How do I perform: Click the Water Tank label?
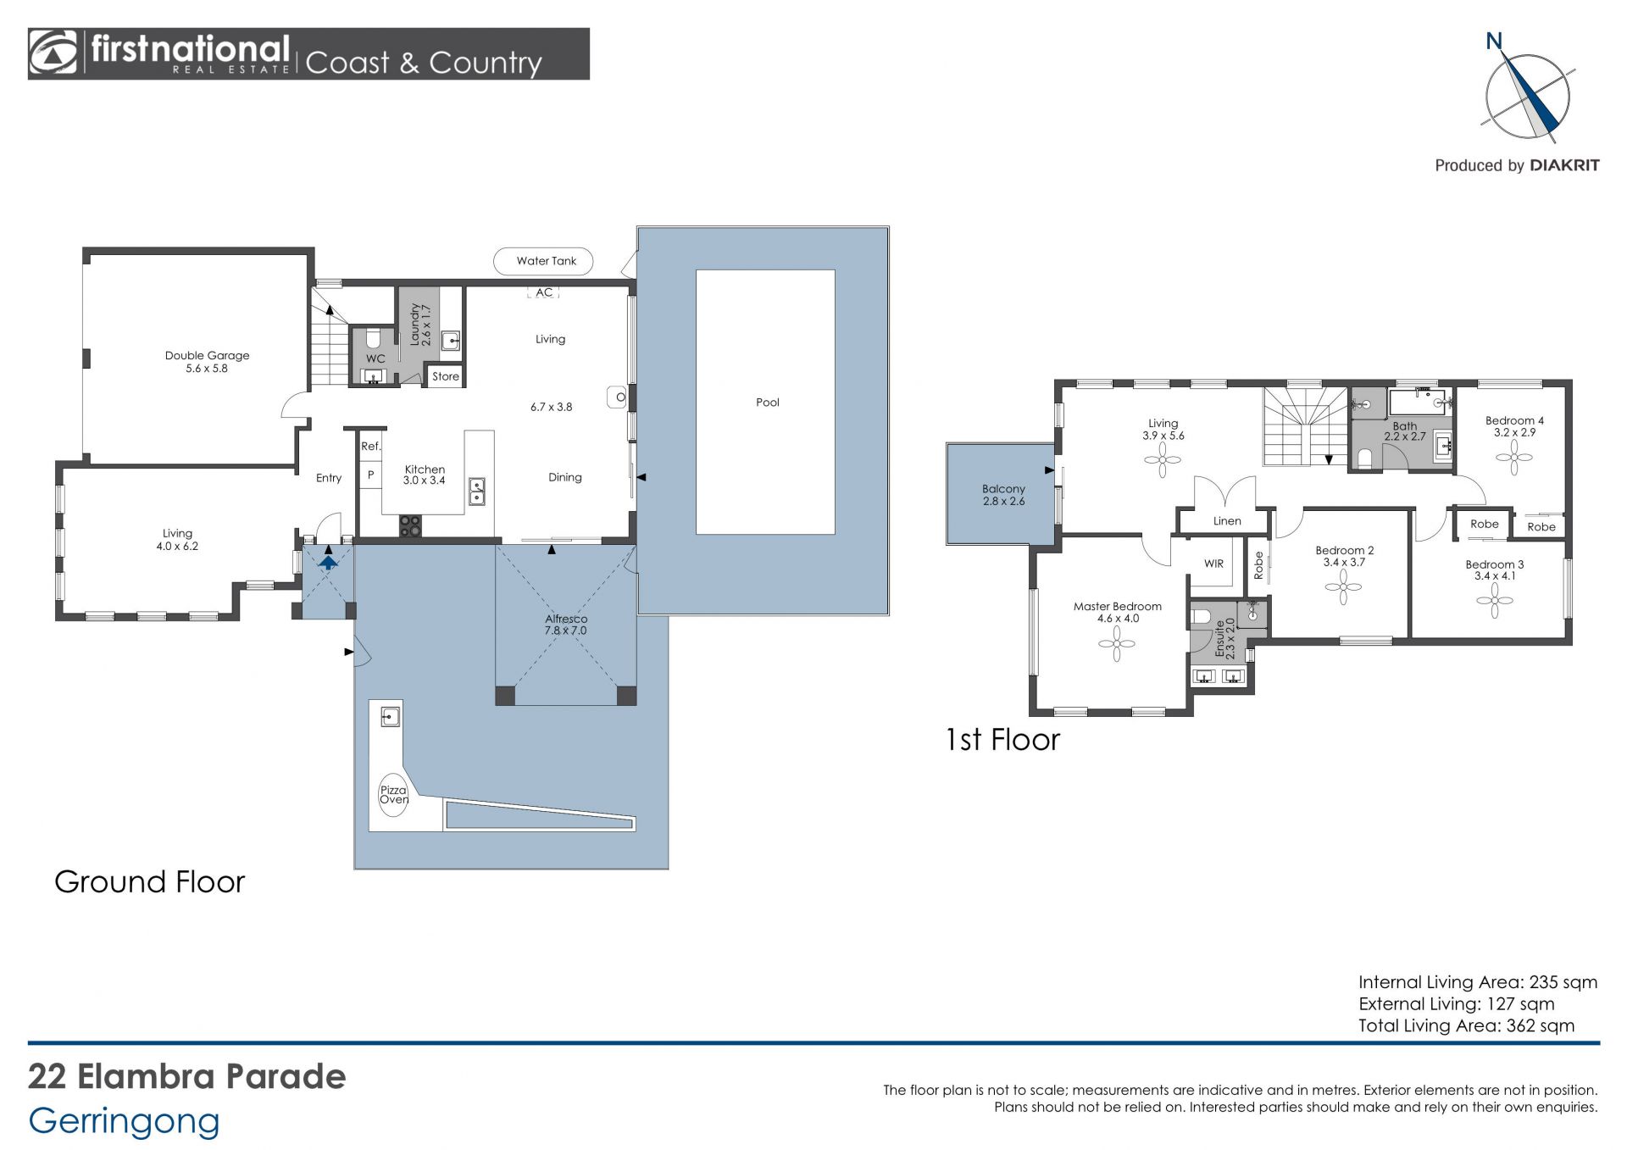pos(547,261)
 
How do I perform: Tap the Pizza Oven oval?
pos(393,795)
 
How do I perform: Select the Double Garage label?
pos(207,356)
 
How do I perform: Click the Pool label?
pos(768,403)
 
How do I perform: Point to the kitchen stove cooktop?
pos(410,525)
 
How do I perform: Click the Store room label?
pos(446,376)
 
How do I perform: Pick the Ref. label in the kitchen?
pos(371,447)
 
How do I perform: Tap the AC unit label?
pos(544,292)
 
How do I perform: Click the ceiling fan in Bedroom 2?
pos(1343,586)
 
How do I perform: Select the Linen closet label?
pos(1227,521)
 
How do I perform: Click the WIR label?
pos(1213,564)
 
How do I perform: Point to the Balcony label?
pos(1003,489)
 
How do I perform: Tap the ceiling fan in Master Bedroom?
pos(1117,644)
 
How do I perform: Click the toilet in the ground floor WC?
pos(374,339)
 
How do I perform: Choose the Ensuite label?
pos(1220,638)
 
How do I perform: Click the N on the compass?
pos(1494,41)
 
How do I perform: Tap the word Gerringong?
pos(124,1122)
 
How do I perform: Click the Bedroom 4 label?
pos(1514,420)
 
